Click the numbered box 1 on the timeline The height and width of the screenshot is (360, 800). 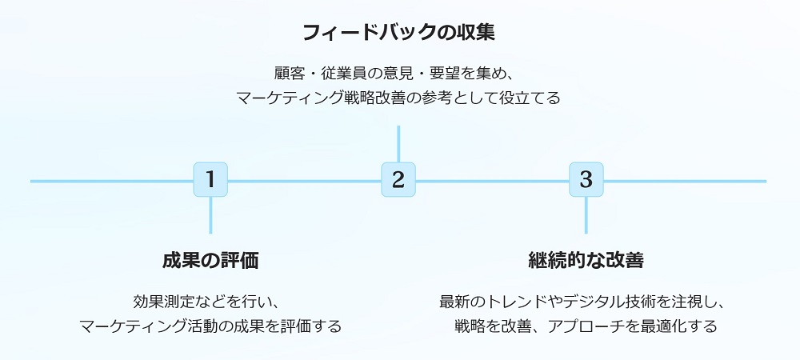pos(210,179)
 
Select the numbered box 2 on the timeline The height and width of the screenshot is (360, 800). pos(398,179)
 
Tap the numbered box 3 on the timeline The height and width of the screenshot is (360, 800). pos(586,179)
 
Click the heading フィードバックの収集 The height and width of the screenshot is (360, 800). pos(398,33)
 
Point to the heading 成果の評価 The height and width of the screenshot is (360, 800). pos(210,261)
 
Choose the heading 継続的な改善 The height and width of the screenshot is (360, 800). pos(586,261)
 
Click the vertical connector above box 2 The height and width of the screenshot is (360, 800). pos(398,144)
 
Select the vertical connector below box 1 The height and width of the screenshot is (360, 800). pos(210,214)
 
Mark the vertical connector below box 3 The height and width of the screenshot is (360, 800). pos(586,214)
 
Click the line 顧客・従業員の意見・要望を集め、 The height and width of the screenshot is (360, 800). pos(398,72)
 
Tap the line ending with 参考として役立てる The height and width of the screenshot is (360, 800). pos(398,98)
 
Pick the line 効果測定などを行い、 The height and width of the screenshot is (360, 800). pos(210,302)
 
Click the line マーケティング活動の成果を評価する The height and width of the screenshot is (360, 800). pos(210,326)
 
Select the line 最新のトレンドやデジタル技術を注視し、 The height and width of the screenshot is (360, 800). pos(586,302)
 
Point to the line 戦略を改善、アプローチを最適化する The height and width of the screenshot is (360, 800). pos(586,326)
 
